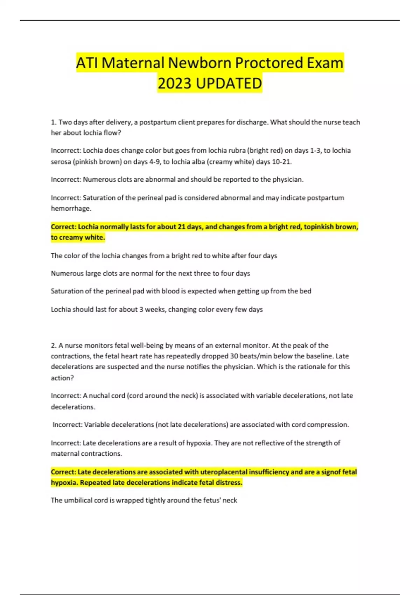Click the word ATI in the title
pos(87,63)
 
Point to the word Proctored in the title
pos(269,63)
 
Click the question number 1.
pos(53,122)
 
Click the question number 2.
pos(53,345)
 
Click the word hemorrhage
pos(71,209)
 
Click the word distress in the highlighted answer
pos(229,483)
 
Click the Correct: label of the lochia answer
pos(63,227)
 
